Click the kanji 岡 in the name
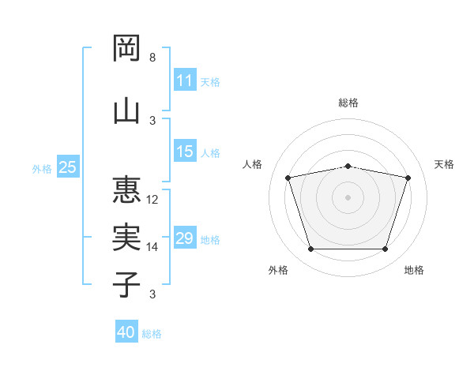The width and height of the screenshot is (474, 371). (x=126, y=48)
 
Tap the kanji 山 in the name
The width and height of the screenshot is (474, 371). (x=126, y=112)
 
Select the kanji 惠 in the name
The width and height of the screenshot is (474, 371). (x=126, y=189)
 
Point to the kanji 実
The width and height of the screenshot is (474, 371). (x=126, y=237)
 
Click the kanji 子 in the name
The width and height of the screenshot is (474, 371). (x=126, y=284)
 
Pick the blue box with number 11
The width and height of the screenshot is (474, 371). (x=185, y=80)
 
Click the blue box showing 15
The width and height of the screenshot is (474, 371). (x=185, y=151)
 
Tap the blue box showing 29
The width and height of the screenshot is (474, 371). (x=185, y=237)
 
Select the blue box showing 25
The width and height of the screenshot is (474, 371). (x=68, y=167)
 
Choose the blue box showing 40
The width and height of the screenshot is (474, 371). (x=126, y=331)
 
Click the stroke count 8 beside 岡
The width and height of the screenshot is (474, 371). (x=152, y=58)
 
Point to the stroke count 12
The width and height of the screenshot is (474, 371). (x=152, y=200)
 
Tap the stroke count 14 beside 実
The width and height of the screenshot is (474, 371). (x=152, y=247)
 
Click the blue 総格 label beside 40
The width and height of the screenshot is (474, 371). (x=152, y=334)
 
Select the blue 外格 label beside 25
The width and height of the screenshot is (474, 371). (x=42, y=169)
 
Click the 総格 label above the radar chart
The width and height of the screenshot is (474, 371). (x=348, y=103)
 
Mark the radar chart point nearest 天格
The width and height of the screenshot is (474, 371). (x=408, y=178)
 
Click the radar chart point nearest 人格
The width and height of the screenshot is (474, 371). (x=288, y=178)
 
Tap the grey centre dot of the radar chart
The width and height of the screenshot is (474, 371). (x=348, y=197)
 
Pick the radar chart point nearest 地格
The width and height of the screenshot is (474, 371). (x=385, y=249)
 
